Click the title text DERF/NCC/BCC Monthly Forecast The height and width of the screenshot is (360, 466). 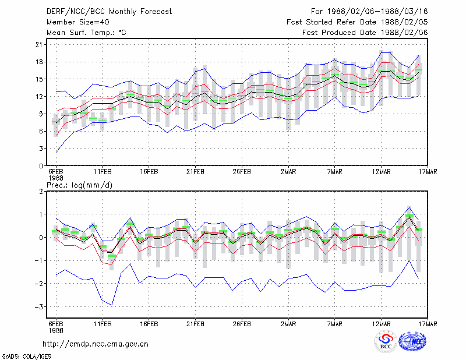pos(109,12)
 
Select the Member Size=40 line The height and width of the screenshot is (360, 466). pos(78,22)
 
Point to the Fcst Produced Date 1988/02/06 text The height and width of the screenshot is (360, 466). pos(365,33)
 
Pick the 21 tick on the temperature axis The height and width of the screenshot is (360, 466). pos(39,45)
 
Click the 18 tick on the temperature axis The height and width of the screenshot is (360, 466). pos(39,62)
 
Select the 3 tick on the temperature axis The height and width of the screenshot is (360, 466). pos(41,149)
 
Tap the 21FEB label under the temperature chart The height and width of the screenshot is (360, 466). pos(195,172)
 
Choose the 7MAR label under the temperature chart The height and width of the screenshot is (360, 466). pos(334,172)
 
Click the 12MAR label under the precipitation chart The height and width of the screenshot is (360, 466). pos(382,324)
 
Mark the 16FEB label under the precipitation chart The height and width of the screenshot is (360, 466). pos(149,324)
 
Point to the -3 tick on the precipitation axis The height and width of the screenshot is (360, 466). pos(38,307)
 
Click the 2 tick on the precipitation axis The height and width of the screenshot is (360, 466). pos(41,192)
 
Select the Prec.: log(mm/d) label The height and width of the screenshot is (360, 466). pos(79,185)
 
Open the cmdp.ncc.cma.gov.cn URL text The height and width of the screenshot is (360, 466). pos(96,344)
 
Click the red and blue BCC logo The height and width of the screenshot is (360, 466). pos(386,341)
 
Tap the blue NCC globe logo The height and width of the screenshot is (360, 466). pos(412,341)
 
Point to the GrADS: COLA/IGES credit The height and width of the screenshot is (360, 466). pos(26,357)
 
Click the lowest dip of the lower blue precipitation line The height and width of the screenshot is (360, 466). pos(111,305)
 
